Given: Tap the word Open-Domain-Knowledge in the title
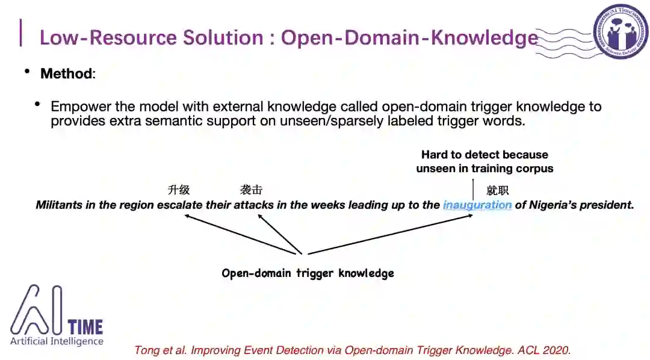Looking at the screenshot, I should [409, 37].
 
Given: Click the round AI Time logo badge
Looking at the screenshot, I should [622, 31].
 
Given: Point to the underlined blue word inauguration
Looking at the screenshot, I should [477, 205].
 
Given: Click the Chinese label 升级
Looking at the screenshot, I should [179, 190].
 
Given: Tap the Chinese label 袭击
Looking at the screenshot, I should [251, 190].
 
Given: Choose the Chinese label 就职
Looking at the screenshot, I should [497, 190].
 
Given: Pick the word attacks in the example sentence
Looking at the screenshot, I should [250, 205].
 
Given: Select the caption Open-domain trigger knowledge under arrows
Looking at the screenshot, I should [308, 273].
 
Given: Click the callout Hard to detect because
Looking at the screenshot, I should [484, 155].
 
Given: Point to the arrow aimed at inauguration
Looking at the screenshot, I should [391, 235].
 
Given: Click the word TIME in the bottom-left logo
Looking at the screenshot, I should [85, 327].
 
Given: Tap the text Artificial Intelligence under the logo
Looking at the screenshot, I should [57, 341].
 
